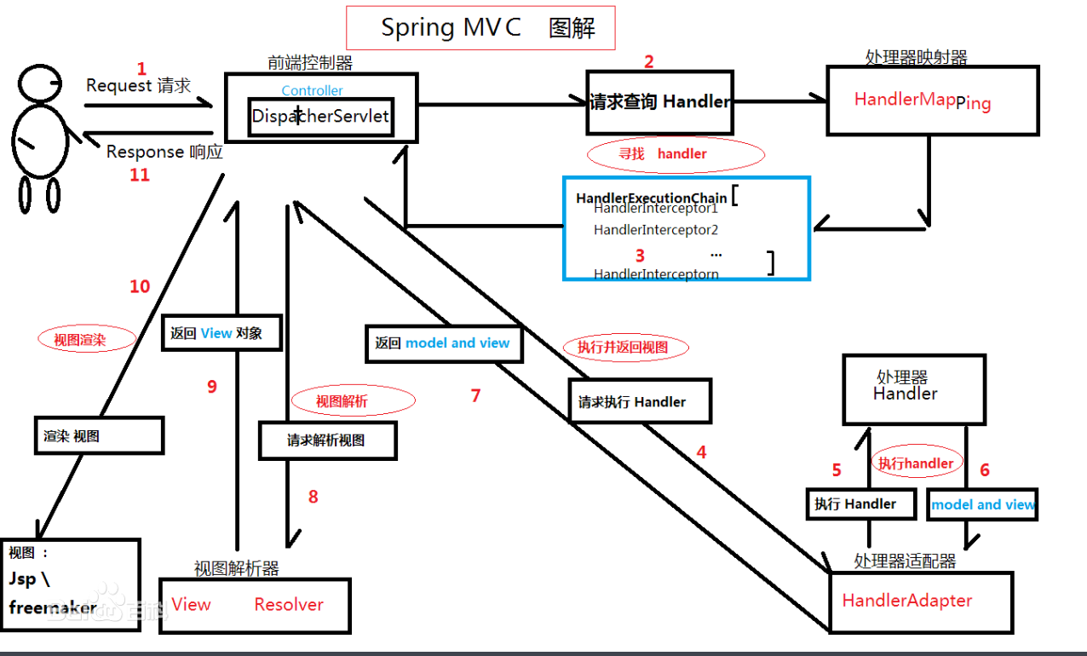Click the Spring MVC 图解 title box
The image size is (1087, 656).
(x=480, y=28)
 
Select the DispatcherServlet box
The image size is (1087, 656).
(x=320, y=116)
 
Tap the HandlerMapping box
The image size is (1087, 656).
(x=932, y=101)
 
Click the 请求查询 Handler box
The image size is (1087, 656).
(x=659, y=102)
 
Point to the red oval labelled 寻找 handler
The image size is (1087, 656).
(x=676, y=154)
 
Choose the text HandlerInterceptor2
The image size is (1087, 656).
(x=656, y=230)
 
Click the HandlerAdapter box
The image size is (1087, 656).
(x=920, y=601)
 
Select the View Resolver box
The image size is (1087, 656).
(x=255, y=605)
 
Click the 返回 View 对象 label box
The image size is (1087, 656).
(x=222, y=333)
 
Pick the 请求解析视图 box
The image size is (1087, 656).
(x=327, y=441)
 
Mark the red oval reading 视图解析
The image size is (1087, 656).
(x=353, y=400)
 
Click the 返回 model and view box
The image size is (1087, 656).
(x=443, y=343)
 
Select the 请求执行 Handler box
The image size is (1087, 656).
(x=639, y=401)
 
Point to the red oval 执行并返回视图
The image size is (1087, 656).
(x=625, y=347)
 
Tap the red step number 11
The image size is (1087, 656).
(x=139, y=175)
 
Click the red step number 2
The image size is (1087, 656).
(x=649, y=61)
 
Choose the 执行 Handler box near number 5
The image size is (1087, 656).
(x=860, y=504)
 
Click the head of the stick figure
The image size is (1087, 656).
(x=41, y=84)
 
